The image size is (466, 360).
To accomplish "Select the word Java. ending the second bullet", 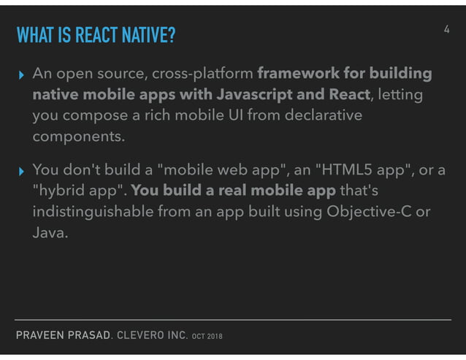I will [x=50, y=234].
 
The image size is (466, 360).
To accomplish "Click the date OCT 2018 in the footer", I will [x=207, y=337].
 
